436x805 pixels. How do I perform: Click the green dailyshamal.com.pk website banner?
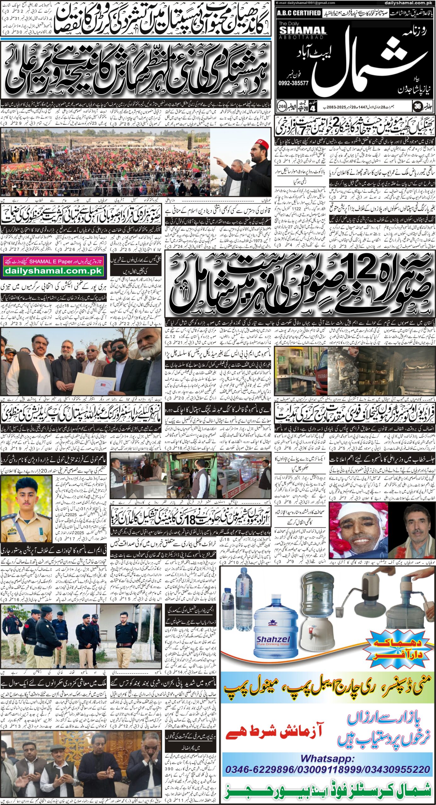(53, 270)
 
